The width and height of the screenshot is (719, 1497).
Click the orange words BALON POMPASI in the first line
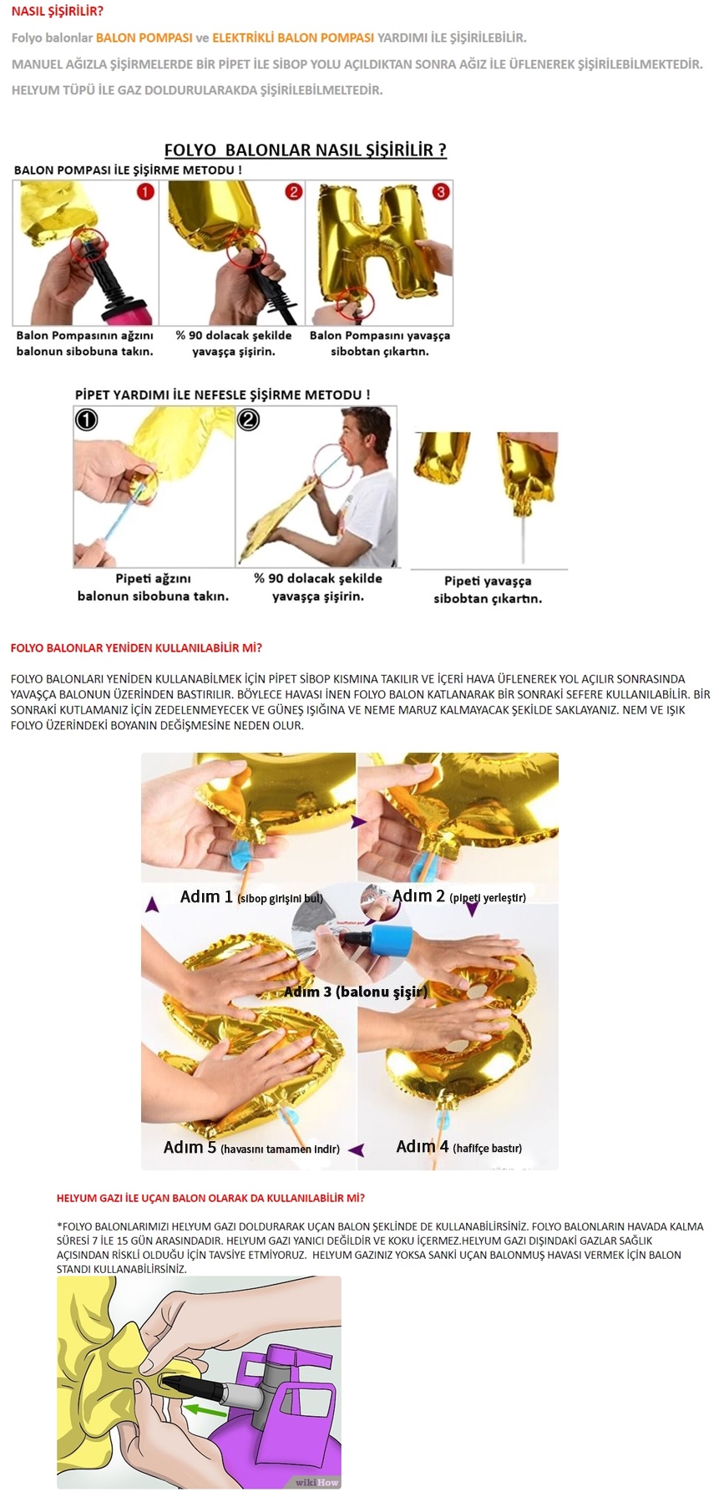click(x=144, y=38)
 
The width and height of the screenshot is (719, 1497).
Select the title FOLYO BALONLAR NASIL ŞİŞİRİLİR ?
click(x=305, y=150)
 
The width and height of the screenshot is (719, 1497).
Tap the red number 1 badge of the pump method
click(x=145, y=192)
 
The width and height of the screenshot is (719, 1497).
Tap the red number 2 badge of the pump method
click(x=293, y=192)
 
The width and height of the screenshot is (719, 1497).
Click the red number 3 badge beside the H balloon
click(x=440, y=191)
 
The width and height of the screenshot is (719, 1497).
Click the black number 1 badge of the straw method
click(x=86, y=419)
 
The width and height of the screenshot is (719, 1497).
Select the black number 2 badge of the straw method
click(x=248, y=419)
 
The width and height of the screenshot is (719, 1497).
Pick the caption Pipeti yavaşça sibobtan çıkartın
click(x=488, y=590)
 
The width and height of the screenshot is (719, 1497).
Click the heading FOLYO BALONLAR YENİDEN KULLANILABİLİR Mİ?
click(x=136, y=647)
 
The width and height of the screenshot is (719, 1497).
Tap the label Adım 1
click(x=206, y=896)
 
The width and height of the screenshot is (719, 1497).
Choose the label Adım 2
click(x=418, y=896)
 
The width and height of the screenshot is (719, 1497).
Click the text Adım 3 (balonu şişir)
click(x=356, y=992)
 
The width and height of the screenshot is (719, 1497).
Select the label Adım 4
click(x=423, y=1146)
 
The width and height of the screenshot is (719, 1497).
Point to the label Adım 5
click(x=190, y=1147)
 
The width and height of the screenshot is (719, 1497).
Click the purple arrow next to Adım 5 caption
click(x=356, y=1149)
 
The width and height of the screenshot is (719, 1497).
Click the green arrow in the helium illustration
click(x=205, y=1411)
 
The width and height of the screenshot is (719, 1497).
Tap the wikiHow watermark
click(x=316, y=1483)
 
